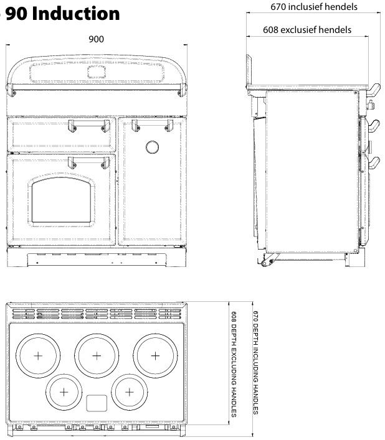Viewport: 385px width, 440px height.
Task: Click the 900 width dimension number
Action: pos(96,39)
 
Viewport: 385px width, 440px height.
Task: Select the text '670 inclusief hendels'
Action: pos(314,7)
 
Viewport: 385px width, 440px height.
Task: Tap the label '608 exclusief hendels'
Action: pos(307,29)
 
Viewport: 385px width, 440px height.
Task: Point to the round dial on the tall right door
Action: pos(151,147)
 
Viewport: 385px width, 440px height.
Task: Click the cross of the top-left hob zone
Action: pos(38,355)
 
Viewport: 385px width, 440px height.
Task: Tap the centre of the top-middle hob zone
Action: pos(96,355)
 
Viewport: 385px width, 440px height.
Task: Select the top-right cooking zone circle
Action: pos(155,355)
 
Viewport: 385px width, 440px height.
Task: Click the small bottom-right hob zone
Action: pos(128,391)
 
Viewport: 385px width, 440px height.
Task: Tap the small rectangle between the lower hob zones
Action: pos(96,403)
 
